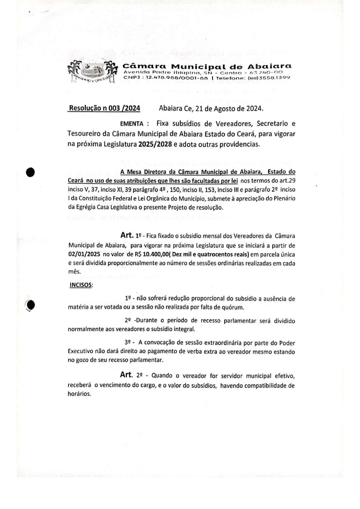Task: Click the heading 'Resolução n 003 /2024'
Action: pos(104,108)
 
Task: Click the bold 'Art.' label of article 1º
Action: pos(127,235)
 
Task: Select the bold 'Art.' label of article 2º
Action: pos(127,375)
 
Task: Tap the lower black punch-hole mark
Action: pos(31,305)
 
